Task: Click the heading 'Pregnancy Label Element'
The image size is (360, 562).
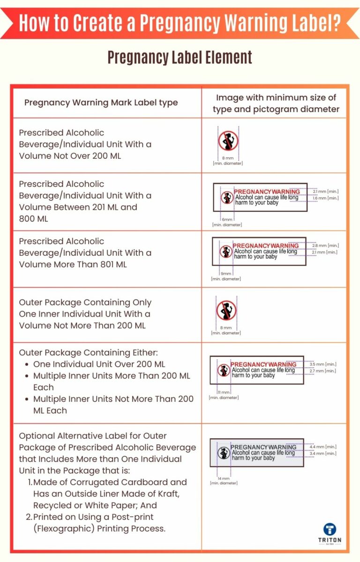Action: (180, 57)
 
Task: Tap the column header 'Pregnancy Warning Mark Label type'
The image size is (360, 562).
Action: (101, 103)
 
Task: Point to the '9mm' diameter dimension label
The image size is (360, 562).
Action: (226, 274)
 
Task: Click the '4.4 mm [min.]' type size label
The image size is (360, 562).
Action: (323, 447)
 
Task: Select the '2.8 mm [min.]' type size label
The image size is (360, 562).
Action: (325, 245)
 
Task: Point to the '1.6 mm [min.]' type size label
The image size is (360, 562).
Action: (325, 198)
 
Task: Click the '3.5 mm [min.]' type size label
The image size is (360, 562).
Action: (323, 364)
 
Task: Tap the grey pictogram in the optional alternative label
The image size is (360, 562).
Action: (224, 453)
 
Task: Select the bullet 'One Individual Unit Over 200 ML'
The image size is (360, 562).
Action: (99, 364)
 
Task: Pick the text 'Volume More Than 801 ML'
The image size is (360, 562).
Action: (73, 264)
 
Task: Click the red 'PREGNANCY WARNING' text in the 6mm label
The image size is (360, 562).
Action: (266, 192)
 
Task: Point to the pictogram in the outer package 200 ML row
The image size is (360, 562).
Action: (226, 311)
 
